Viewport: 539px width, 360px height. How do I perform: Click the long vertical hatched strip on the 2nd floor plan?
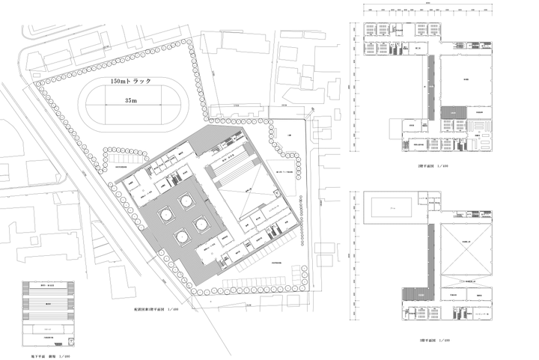[x=430, y=89]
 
